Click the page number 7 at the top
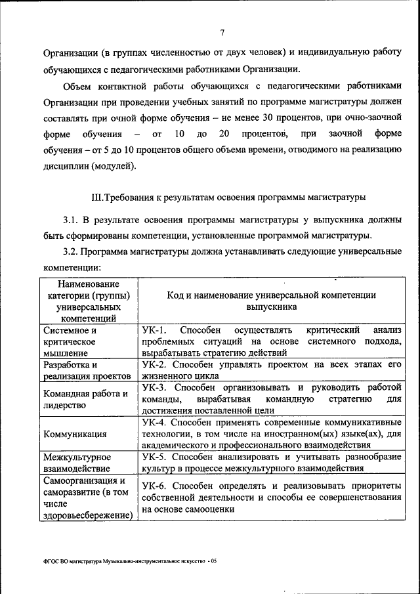[222, 33]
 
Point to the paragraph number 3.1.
[71, 219]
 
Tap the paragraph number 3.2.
[71, 252]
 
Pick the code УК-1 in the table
[155, 329]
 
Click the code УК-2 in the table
[155, 364]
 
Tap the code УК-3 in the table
[155, 387]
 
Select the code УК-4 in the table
[155, 421]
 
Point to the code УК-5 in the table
[155, 456]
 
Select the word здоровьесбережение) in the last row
[87, 515]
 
